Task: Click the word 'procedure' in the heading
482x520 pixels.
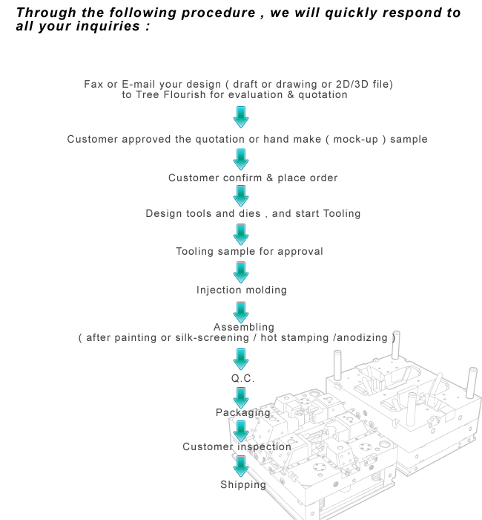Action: click(219, 13)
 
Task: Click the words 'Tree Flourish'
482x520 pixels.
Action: click(171, 95)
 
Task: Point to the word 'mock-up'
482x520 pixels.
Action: click(355, 140)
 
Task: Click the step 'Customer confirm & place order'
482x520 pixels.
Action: click(253, 178)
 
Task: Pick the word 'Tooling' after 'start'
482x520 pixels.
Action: click(342, 214)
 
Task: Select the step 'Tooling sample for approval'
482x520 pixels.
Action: click(249, 251)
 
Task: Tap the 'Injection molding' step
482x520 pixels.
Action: click(242, 290)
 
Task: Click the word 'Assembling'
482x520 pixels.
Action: click(244, 328)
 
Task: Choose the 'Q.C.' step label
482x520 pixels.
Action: click(243, 378)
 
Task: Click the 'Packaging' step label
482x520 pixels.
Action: click(243, 412)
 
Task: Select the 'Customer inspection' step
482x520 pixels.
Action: click(237, 446)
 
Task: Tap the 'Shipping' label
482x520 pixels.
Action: click(243, 485)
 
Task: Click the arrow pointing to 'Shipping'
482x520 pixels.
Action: click(241, 467)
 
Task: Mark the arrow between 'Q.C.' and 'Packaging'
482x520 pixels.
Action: click(241, 398)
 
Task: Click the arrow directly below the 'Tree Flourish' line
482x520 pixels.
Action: click(241, 117)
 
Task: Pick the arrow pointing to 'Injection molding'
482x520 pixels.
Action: click(241, 273)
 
